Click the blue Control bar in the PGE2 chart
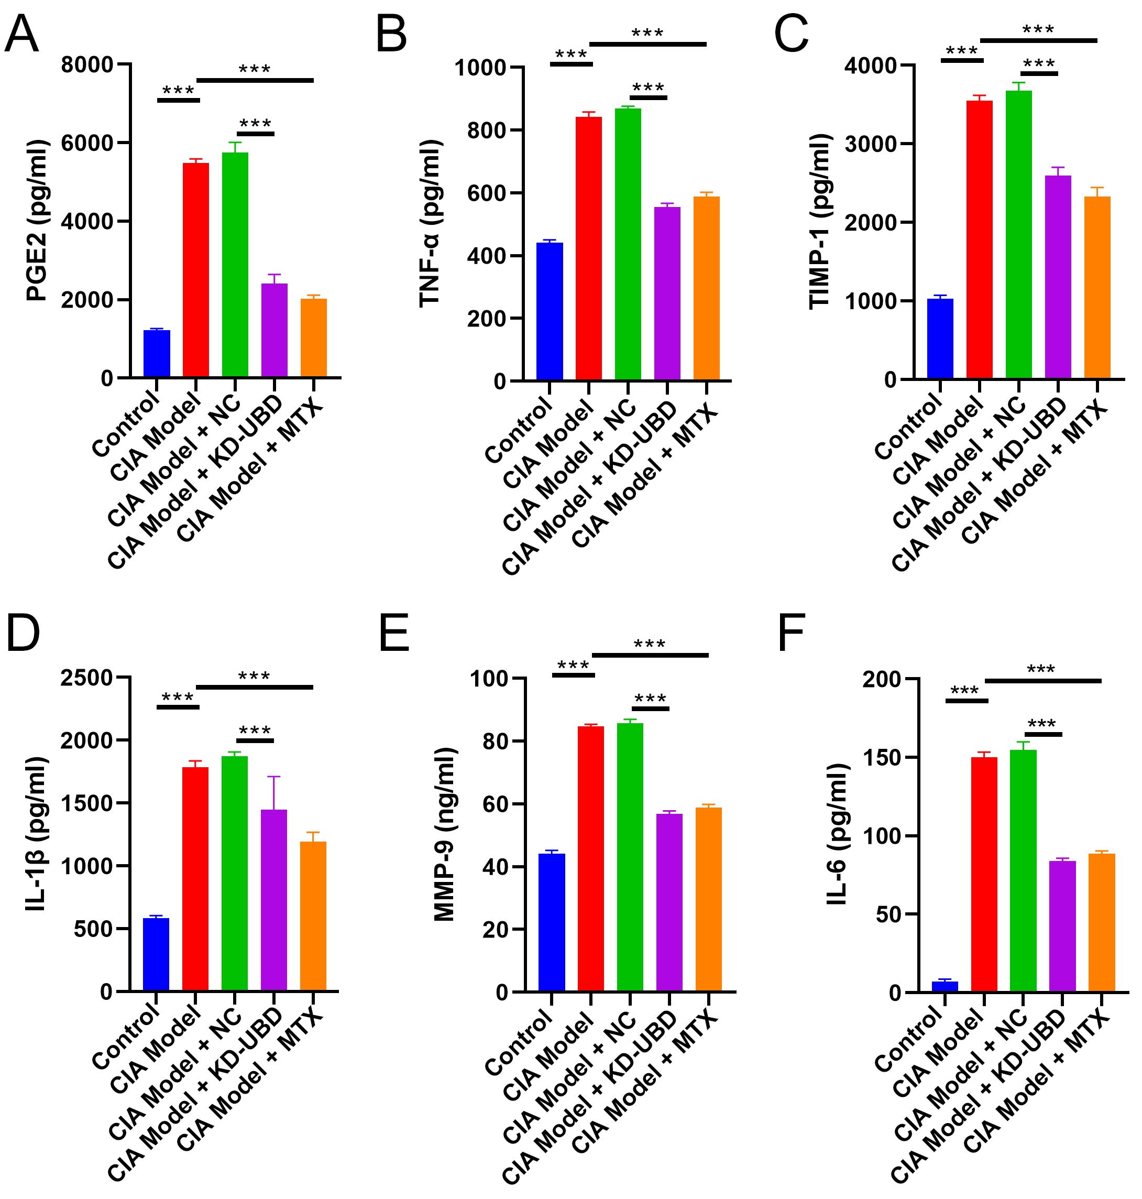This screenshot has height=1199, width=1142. pos(157,353)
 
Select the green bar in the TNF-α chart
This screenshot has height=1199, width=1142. pos(628,244)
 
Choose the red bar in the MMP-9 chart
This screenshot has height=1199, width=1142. pos(590,858)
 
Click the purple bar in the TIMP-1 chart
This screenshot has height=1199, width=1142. pos(1058,277)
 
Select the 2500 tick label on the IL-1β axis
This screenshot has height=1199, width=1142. pos(86,678)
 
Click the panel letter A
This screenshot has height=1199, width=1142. pos(21,35)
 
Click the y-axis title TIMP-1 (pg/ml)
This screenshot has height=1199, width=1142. pos(820,222)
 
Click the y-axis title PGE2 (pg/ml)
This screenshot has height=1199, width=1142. pos(37,221)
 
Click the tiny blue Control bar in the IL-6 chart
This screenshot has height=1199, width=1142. pos(944,986)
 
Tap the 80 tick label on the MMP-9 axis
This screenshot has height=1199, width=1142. pos(495,742)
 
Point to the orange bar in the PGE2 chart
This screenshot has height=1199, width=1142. pos(313,338)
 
